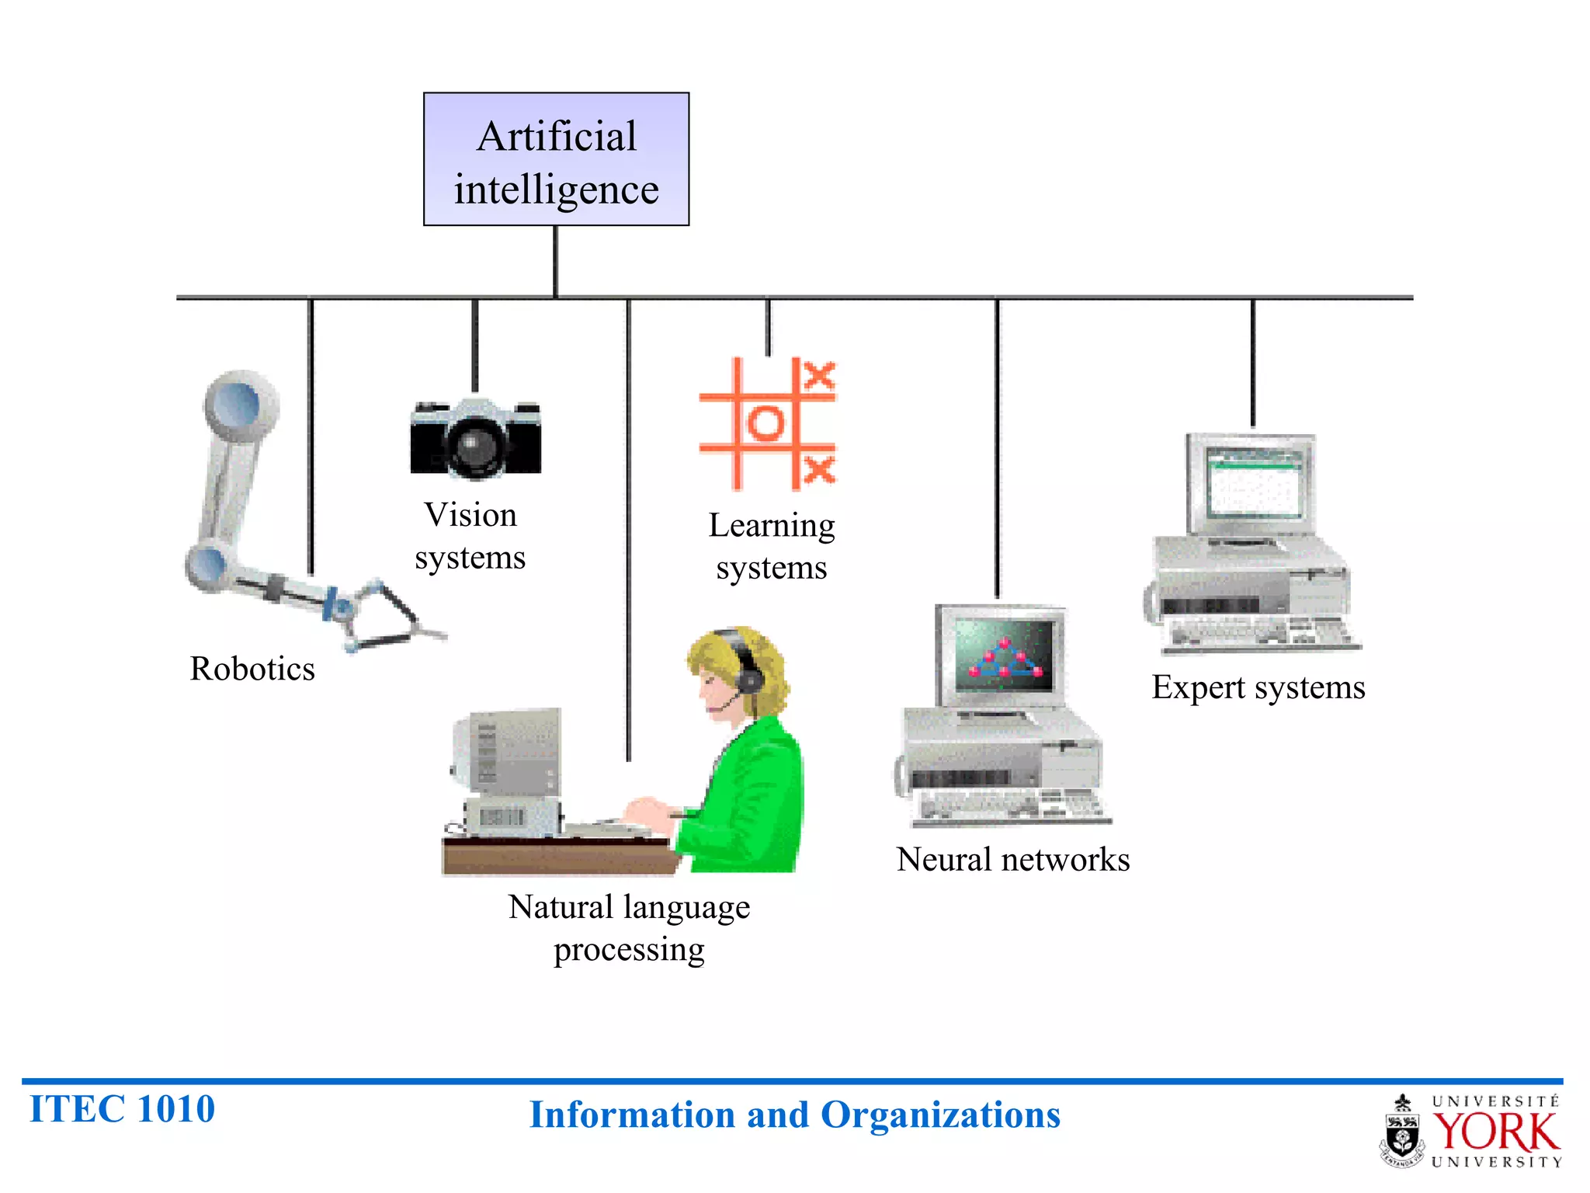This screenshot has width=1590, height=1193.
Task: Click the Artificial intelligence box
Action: (x=556, y=159)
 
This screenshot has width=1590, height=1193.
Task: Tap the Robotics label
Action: (x=252, y=669)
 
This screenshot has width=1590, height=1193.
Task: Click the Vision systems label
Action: (x=470, y=536)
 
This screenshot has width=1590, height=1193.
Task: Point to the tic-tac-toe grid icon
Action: (x=767, y=423)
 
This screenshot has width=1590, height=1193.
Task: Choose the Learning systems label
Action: (x=772, y=546)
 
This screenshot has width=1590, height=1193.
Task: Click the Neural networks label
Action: (x=1013, y=860)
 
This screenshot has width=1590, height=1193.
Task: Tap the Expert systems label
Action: (x=1258, y=687)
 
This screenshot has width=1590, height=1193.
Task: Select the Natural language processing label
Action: (x=629, y=928)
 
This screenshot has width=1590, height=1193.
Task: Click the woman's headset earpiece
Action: (x=750, y=680)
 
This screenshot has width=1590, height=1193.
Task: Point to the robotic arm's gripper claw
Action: (x=388, y=617)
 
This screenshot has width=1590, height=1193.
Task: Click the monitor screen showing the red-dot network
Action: (x=1004, y=656)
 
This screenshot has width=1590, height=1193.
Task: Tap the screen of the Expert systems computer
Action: (x=1254, y=483)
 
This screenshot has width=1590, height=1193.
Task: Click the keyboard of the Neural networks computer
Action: (x=1009, y=806)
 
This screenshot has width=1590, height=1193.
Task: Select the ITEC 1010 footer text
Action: (x=122, y=1109)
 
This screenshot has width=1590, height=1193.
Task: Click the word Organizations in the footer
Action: (x=940, y=1115)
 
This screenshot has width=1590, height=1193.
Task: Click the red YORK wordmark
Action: (x=1495, y=1132)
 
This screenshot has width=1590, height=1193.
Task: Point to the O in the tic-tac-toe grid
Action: (x=766, y=423)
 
